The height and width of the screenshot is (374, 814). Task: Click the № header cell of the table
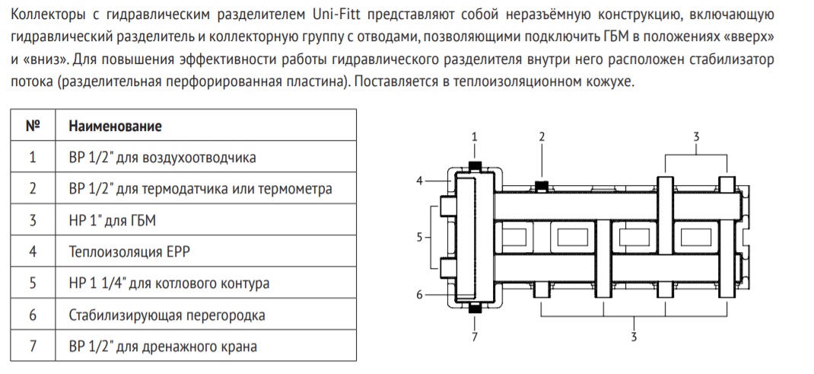pyautogui.click(x=33, y=126)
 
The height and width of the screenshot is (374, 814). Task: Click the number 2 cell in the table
pyautogui.click(x=33, y=189)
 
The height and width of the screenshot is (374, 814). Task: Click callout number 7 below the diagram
pyautogui.click(x=475, y=336)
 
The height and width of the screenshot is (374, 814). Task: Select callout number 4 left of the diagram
pyautogui.click(x=419, y=181)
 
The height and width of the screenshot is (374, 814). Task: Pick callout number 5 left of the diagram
pyautogui.click(x=419, y=238)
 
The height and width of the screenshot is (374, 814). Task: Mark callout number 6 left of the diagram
pyautogui.click(x=419, y=295)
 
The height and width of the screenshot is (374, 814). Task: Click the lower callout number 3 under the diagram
pyautogui.click(x=634, y=336)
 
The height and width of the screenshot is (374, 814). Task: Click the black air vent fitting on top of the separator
pyautogui.click(x=475, y=166)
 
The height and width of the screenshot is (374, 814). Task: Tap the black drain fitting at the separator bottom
pyautogui.click(x=475, y=308)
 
